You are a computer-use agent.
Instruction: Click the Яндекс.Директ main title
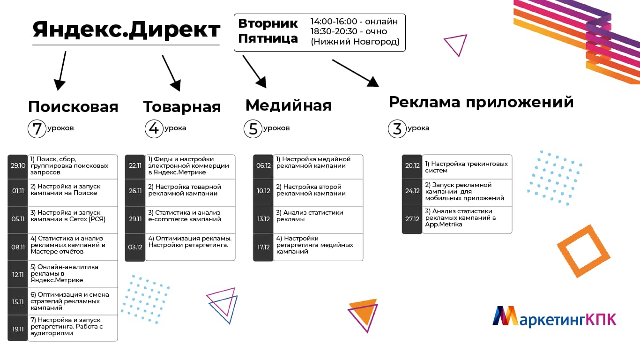coord(126,30)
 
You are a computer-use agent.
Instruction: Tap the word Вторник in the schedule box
coord(268,23)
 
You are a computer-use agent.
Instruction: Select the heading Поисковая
coord(73,106)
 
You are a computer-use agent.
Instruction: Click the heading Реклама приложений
coord(481,102)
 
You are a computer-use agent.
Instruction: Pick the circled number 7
coord(37,129)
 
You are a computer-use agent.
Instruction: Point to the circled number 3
coord(397,129)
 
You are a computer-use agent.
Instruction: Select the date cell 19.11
coord(18,329)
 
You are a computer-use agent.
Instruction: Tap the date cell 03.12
coord(135,247)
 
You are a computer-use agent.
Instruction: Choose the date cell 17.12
coord(263,247)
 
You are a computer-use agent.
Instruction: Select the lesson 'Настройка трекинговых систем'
coord(467,167)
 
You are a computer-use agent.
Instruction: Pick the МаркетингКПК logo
coord(554,316)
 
